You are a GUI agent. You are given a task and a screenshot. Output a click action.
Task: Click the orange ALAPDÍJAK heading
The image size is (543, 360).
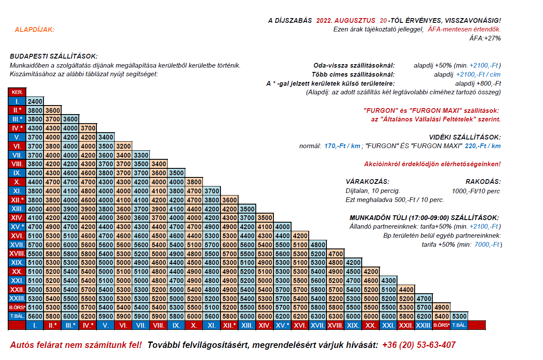[x=34, y=30]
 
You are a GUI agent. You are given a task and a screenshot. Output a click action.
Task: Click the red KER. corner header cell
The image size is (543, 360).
[x=17, y=92]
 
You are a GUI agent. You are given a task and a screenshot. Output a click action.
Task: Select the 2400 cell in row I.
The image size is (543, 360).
[x=35, y=101]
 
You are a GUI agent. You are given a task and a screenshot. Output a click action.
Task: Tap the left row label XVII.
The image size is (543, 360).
[x=17, y=245]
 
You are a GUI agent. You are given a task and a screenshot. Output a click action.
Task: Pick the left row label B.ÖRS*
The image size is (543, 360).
[x=17, y=307]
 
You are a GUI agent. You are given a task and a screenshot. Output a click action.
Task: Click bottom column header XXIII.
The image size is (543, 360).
[x=423, y=325]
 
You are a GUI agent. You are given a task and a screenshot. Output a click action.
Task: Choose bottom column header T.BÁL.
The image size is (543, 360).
[x=459, y=325]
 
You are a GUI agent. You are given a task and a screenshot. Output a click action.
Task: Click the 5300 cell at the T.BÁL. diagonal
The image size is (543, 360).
[x=459, y=317]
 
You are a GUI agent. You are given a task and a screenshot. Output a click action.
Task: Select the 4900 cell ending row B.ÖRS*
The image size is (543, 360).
[x=441, y=307]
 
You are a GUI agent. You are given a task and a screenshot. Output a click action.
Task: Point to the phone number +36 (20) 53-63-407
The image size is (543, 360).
[x=419, y=345]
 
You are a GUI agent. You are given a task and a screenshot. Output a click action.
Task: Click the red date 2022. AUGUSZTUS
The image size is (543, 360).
[x=346, y=21]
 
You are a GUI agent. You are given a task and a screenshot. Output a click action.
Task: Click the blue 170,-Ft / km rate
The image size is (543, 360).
[x=342, y=146]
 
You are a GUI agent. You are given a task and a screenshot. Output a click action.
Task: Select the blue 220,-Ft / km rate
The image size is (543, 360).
[x=483, y=146]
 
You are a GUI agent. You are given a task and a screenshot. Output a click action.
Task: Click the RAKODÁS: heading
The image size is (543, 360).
[x=483, y=182]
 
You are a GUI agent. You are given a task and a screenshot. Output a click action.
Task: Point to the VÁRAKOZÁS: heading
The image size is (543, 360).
[x=367, y=182]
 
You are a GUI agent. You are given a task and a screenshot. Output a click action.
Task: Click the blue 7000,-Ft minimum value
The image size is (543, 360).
[x=487, y=244]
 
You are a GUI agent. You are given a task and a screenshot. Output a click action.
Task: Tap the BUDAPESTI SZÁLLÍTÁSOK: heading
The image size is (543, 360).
[x=53, y=56]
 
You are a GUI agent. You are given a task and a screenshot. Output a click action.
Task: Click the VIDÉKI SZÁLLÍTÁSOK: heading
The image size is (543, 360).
[x=465, y=137]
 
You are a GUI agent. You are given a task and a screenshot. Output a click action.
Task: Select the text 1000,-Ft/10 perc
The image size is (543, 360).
[x=476, y=191]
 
